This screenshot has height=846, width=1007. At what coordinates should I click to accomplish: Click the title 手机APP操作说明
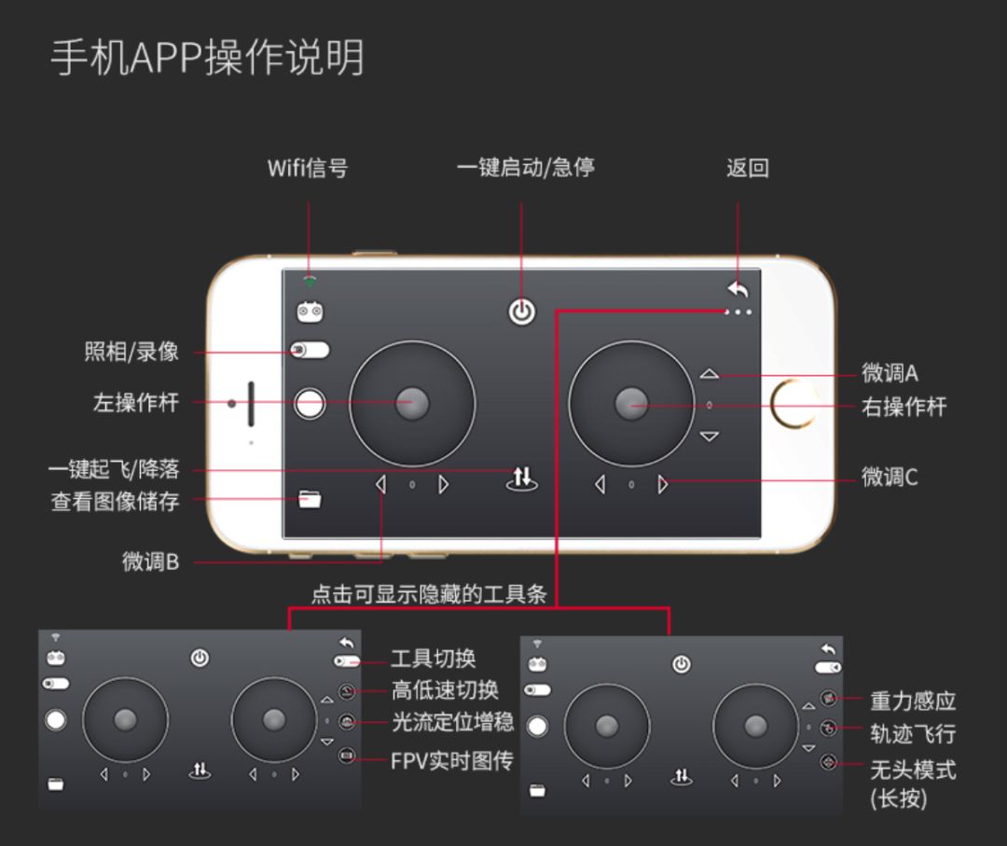click(207, 57)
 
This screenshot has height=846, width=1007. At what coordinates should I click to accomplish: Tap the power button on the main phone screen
click(521, 312)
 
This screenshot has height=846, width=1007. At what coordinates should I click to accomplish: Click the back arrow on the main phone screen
click(738, 290)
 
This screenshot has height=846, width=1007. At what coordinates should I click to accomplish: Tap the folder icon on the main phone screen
click(310, 499)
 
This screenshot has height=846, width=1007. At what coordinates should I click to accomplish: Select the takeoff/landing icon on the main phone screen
click(521, 478)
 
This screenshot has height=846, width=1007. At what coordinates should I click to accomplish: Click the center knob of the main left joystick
click(412, 403)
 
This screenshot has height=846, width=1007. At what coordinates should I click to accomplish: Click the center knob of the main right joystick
click(631, 403)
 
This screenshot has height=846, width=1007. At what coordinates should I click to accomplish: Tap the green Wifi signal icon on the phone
click(310, 282)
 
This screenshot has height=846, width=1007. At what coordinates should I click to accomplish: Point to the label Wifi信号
click(308, 168)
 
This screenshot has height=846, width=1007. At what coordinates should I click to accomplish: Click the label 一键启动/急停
click(525, 168)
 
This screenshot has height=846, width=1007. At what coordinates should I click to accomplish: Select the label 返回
click(748, 168)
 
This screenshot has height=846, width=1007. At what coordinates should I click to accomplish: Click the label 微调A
click(890, 372)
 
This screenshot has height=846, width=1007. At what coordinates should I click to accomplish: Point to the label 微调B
click(151, 562)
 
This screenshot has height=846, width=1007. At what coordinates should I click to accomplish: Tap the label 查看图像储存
click(115, 501)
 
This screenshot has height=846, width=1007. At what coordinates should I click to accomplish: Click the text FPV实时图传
click(452, 761)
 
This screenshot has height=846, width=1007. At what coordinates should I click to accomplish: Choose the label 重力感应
click(913, 700)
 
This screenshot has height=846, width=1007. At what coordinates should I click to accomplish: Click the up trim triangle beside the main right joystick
click(709, 373)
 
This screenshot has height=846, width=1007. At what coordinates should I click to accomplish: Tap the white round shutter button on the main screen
click(310, 404)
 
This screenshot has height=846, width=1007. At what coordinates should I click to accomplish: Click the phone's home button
click(794, 404)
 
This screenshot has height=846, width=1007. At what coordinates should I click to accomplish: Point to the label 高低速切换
click(445, 690)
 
